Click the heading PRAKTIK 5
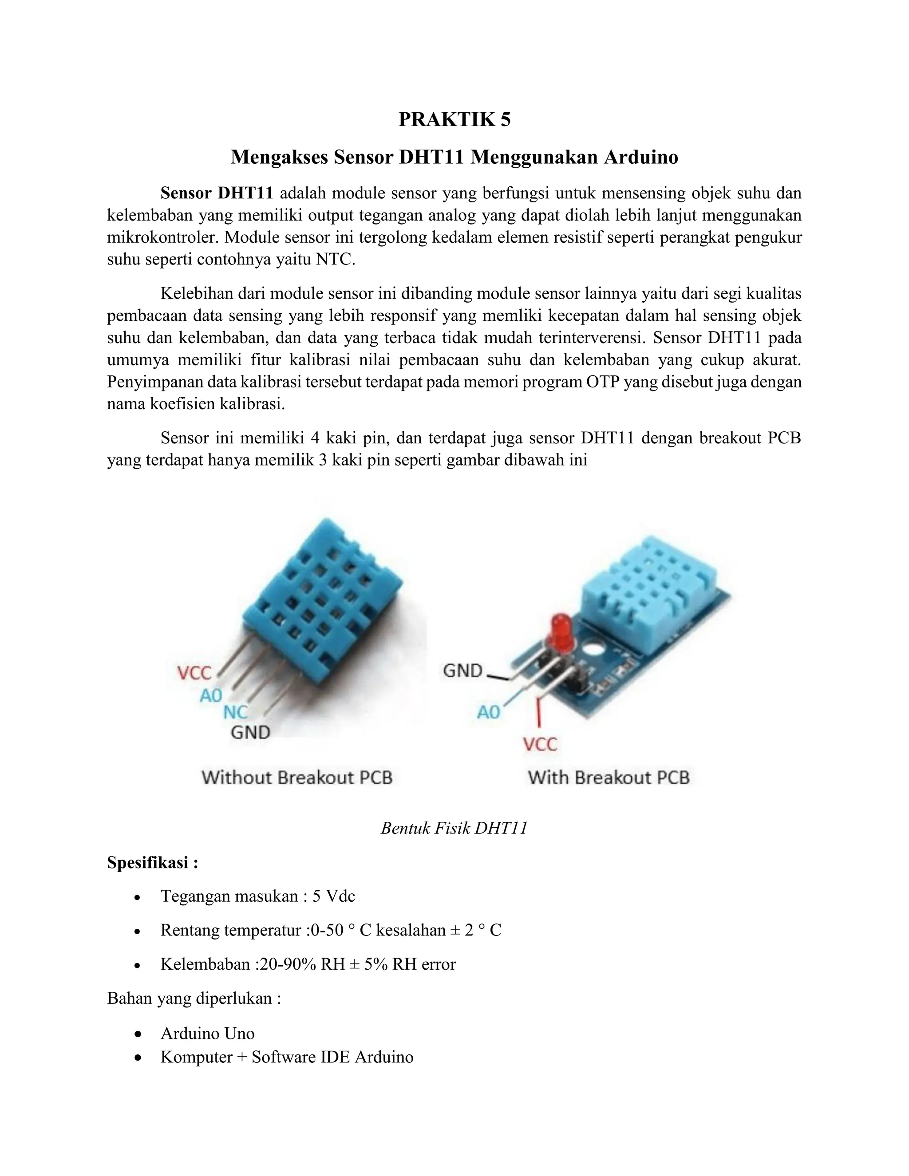point(454,119)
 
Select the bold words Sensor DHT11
point(217,193)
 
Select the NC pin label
point(235,712)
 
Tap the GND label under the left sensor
point(250,732)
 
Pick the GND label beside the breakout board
point(462,671)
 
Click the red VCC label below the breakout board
point(540,745)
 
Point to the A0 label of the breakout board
point(488,712)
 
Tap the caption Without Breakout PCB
point(297,777)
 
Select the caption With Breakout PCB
point(609,777)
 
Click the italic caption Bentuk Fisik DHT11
point(454,828)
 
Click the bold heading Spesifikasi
point(152,863)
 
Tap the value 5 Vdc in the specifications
point(333,896)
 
